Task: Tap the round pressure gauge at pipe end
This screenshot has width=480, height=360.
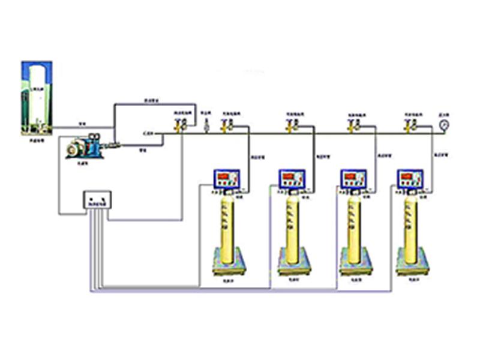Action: [x=443, y=125]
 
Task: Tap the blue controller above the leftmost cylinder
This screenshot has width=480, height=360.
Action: [x=227, y=178]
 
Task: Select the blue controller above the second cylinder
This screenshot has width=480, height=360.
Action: [x=293, y=178]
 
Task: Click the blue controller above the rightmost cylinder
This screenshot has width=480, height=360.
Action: [x=410, y=178]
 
